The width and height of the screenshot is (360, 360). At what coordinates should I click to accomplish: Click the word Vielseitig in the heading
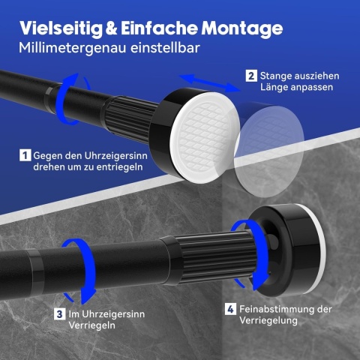[x=61, y=28]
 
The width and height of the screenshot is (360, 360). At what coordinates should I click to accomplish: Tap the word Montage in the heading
[x=242, y=28]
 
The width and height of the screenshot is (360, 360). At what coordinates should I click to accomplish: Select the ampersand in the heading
[x=112, y=28]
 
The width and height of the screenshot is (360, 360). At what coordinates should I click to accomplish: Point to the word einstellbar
[x=165, y=47]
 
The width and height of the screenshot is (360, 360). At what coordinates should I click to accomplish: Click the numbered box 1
[x=25, y=155]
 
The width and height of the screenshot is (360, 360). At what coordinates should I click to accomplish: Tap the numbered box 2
[x=251, y=76]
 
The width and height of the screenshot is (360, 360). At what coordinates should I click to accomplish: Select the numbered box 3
[x=60, y=314]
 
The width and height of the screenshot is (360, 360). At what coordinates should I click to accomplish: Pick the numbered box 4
[x=230, y=309]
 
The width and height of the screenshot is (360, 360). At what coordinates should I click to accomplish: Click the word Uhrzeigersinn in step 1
[x=115, y=156]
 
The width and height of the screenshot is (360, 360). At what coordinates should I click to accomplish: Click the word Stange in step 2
[x=274, y=76]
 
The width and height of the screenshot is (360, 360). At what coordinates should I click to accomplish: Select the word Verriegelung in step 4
[x=268, y=320]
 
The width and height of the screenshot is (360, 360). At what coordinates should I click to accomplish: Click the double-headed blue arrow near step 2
[x=208, y=83]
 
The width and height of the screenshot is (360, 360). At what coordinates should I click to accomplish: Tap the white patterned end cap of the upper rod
[x=205, y=137]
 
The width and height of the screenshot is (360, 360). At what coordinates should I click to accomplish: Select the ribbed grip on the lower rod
[x=215, y=257]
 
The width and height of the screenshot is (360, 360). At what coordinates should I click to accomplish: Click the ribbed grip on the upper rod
[x=130, y=115]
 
